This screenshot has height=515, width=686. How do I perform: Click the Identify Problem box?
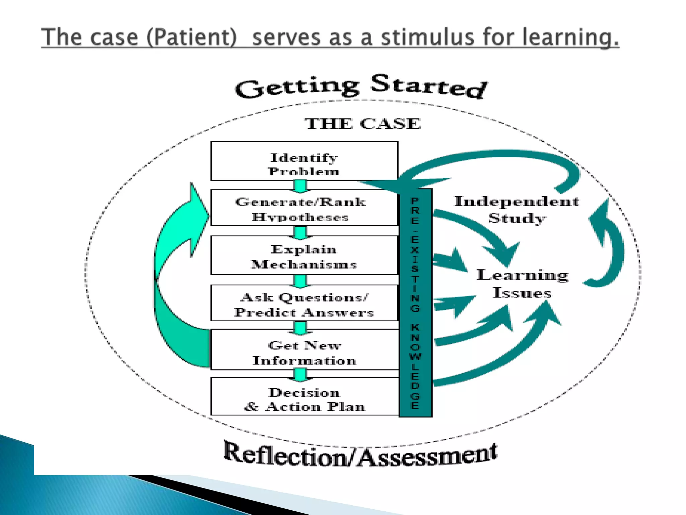[304, 161]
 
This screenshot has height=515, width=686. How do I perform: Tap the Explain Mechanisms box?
[304, 255]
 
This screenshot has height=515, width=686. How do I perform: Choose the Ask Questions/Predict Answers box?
[304, 303]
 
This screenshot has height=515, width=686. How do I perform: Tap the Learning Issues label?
[522, 284]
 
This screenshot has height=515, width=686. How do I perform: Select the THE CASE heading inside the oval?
[362, 124]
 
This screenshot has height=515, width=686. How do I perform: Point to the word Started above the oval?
[429, 86]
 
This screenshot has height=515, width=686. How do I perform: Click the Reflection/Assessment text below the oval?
[360, 455]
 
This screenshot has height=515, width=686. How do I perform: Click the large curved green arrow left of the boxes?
[174, 275]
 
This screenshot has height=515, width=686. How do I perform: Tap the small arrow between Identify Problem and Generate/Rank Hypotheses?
[300, 185]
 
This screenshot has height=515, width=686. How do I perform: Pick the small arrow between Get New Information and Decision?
[300, 374]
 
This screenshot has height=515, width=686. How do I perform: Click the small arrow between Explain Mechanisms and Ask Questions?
[300, 280]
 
